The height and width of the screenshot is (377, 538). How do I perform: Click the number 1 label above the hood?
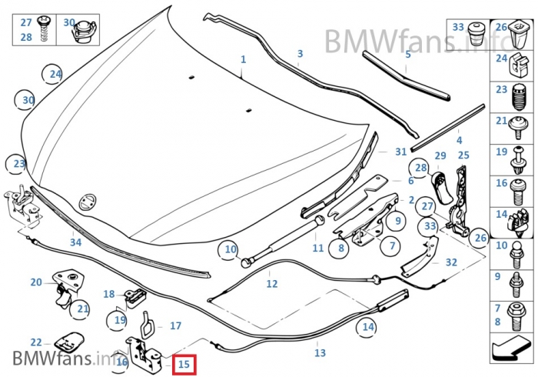pos(244,59)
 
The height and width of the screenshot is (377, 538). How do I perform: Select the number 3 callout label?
pos(300,53)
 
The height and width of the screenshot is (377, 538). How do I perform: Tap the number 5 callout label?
pos(408,55)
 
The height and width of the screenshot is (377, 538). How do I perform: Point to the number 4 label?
pos(459,141)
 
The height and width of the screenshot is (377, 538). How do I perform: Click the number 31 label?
pos(400,152)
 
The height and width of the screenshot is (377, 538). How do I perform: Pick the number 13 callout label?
pos(320,353)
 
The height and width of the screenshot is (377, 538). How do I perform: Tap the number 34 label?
pos(75,242)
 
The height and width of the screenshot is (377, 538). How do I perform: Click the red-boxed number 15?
pos(184,364)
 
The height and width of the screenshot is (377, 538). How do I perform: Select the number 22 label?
pos(36,342)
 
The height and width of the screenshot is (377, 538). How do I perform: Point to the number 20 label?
pos(36,282)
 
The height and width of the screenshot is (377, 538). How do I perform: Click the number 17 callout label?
pos(175,326)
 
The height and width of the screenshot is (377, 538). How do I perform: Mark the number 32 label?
pos(451,262)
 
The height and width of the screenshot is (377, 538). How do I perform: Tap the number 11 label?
pos(318,248)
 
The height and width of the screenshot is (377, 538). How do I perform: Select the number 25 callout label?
pos(463,155)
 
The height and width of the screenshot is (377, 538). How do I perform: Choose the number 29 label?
pos(440,156)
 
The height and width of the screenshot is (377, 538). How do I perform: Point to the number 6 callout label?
pos(411,181)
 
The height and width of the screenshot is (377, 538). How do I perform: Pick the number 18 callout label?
pos(109,294)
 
